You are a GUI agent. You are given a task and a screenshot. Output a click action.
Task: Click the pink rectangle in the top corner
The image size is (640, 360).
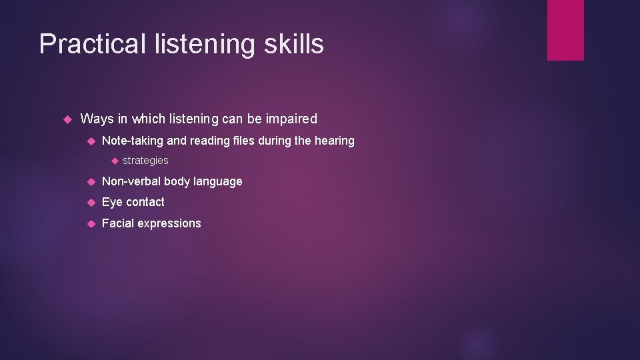click(x=565, y=30)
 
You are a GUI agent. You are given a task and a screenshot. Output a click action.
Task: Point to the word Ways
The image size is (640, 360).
click(x=97, y=119)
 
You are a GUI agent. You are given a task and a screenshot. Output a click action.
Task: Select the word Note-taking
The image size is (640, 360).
click(x=132, y=141)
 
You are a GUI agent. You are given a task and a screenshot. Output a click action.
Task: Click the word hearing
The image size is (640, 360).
click(x=335, y=141)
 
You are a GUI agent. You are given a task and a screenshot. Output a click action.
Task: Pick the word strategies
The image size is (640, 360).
click(x=145, y=161)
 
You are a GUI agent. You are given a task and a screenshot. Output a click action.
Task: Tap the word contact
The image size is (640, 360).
click(x=145, y=202)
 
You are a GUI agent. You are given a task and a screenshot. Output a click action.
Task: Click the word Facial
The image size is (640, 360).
click(x=117, y=223)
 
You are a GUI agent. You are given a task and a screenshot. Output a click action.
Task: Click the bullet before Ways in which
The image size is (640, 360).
click(x=67, y=119)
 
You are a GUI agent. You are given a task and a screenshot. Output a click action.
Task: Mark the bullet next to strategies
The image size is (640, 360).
click(x=113, y=161)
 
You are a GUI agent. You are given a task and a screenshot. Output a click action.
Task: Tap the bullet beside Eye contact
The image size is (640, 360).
click(x=91, y=202)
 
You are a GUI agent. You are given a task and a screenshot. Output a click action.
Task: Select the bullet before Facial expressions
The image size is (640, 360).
click(x=91, y=223)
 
